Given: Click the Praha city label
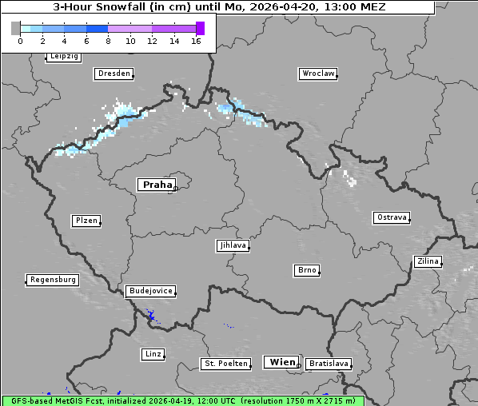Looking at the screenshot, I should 157,185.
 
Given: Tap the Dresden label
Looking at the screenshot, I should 114,74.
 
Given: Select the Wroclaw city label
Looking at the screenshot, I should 317,74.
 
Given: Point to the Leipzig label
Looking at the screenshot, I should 63,56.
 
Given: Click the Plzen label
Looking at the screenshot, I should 86,221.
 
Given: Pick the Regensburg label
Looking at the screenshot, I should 53,280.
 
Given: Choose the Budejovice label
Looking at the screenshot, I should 150,291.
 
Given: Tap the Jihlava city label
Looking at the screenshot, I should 233,245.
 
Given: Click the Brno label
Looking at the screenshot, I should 307,270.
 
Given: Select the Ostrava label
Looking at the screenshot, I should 392,217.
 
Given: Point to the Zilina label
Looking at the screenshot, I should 428,261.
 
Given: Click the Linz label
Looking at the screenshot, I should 153,353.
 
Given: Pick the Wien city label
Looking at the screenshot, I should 282,362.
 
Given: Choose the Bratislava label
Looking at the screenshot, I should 329,364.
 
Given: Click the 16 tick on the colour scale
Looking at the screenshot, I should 196,41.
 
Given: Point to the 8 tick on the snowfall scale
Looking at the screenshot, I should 108,41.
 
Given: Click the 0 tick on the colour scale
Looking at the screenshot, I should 20,41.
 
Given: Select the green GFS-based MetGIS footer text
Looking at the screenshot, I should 182,400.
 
